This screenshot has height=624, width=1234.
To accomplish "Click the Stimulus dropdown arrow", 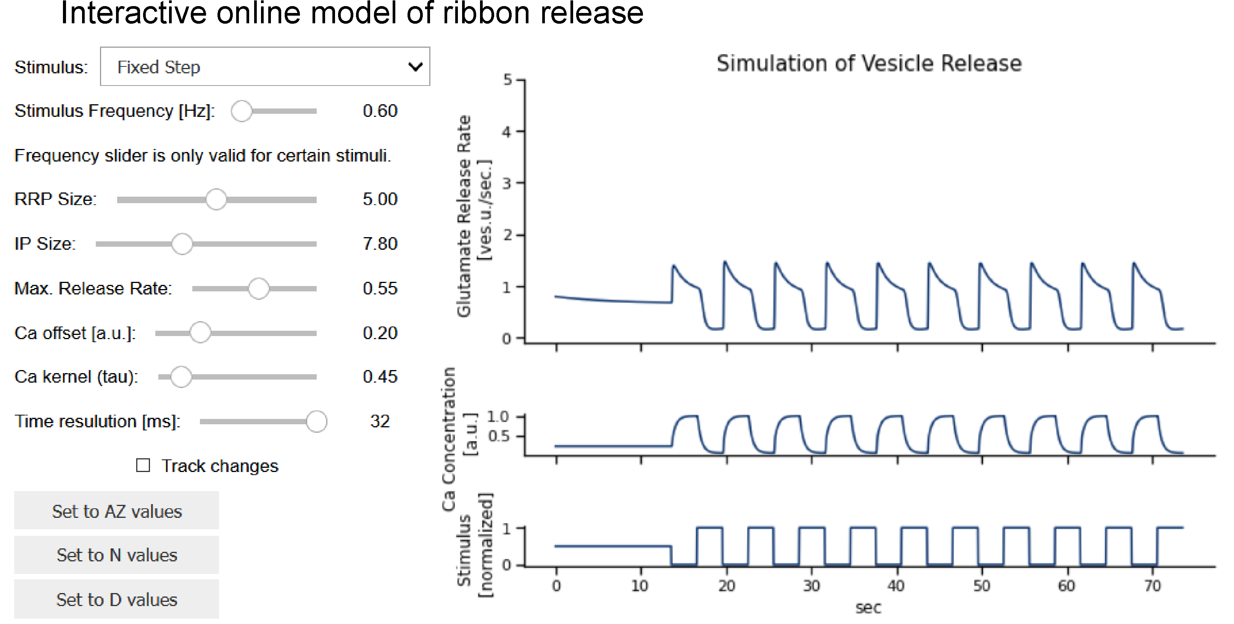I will point(415,66).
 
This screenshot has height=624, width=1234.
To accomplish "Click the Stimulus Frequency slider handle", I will point(242,111).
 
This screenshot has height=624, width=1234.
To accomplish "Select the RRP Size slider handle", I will point(216,199).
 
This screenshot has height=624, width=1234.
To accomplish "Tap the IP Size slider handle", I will point(182,244).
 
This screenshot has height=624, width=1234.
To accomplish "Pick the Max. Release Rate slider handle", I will point(259,289).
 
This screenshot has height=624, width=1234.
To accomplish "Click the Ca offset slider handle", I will point(200,333).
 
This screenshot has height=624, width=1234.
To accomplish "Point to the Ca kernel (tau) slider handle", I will point(181,377).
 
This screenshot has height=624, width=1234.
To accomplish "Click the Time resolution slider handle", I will point(316,421).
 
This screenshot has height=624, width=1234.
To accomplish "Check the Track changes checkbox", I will point(143,466).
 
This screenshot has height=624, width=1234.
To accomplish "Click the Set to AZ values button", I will point(116,511).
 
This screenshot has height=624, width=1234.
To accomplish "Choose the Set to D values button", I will point(116,600).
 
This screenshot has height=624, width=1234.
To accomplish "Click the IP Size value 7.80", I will point(380,244).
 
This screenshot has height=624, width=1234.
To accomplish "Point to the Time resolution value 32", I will point(380,421).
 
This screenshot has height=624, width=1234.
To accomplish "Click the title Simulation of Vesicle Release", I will point(869,64).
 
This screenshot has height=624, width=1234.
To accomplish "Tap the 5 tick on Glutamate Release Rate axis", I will point(507,79).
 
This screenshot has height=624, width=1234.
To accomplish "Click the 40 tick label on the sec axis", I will point(896,586).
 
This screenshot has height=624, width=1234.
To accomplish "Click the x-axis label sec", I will point(868,608).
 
